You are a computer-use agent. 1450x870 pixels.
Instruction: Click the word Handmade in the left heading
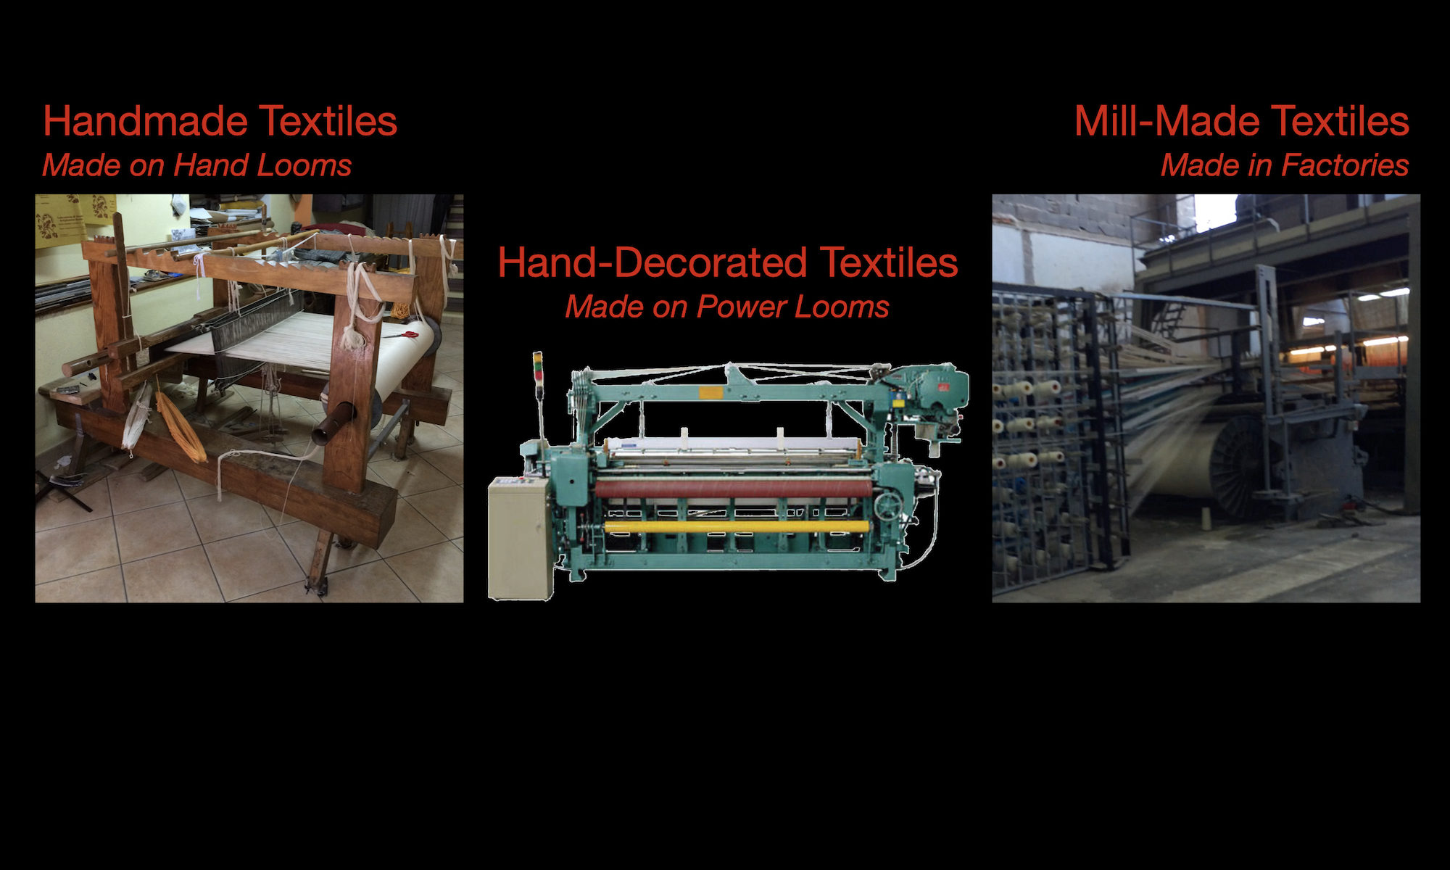[146, 120]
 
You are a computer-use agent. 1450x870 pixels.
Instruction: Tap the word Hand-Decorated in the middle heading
[652, 262]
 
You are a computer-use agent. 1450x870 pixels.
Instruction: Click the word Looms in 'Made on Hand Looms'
[305, 165]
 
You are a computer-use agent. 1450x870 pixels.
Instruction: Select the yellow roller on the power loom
[737, 526]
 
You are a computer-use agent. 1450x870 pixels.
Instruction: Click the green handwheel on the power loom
[890, 505]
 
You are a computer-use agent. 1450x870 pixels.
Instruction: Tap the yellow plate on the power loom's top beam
[711, 392]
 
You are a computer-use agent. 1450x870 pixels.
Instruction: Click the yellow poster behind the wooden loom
[72, 220]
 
